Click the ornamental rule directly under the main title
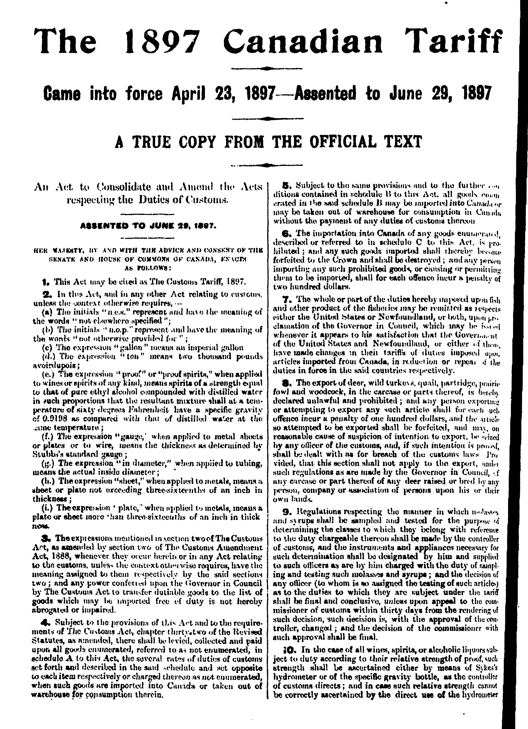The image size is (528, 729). click(x=267, y=68)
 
